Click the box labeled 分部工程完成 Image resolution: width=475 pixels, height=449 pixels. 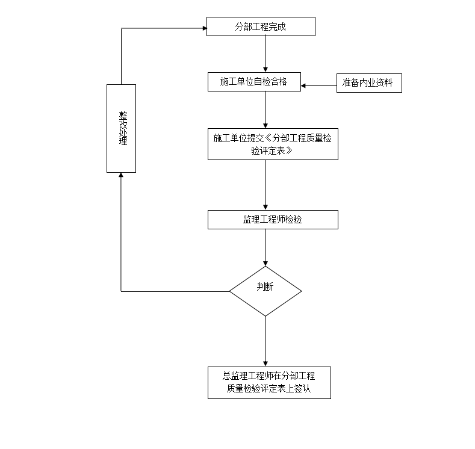pos(260,26)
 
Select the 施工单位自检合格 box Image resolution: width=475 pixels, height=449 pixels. pos(253,82)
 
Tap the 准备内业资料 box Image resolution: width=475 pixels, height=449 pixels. pos(368,83)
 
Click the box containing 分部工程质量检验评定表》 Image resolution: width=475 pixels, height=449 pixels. pos(272,144)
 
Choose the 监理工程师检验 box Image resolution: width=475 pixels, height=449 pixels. pos(272,220)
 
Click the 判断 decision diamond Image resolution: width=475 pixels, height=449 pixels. pos(265,291)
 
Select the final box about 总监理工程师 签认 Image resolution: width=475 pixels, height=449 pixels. pos(269,382)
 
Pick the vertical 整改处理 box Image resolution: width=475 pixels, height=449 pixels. pos(121,128)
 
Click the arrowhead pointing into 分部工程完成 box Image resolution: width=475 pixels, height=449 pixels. pos(203,27)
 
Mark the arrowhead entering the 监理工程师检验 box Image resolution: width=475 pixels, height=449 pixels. pos(265,207)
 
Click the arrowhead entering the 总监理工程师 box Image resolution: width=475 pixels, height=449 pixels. pos(265,363)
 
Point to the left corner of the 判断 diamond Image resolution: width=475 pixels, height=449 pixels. pos(230,291)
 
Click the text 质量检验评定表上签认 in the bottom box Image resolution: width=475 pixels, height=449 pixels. pos(269,389)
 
